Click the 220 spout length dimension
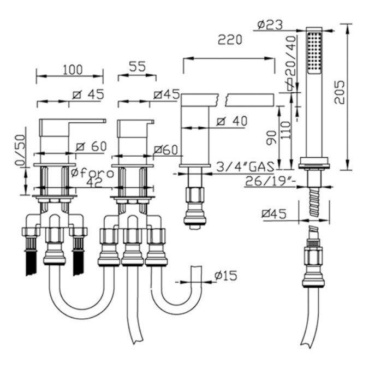[x=230, y=40]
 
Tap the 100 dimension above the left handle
[x=73, y=69]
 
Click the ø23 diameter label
[x=270, y=25]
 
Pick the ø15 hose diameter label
[x=225, y=275]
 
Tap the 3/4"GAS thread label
[x=245, y=166]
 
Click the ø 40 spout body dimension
[x=231, y=121]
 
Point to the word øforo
[x=93, y=173]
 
